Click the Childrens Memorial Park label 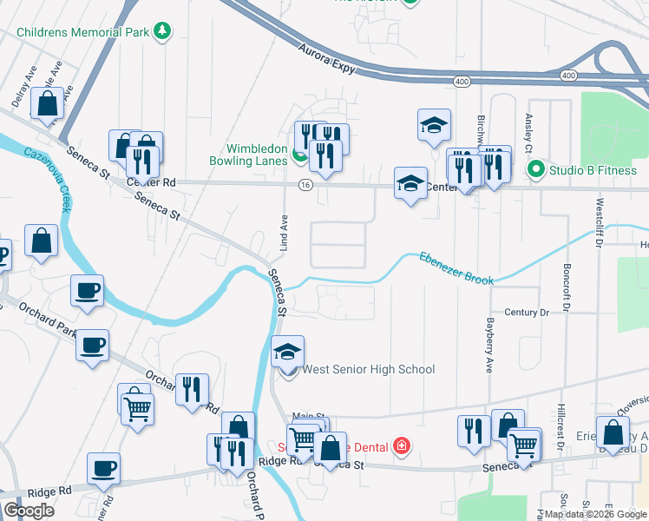coord(82,33)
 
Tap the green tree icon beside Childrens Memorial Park coord(161,32)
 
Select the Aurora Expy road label coord(327,61)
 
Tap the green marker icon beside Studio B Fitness coord(537,169)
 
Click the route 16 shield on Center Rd coord(305,185)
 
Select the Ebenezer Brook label coord(456,268)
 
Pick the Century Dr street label coord(528,312)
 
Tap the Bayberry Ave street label coord(489,339)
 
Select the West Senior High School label coord(368,370)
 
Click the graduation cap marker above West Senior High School coord(288,352)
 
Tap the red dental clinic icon coord(401,447)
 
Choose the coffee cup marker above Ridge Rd coord(104,469)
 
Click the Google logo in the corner coord(29,510)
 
